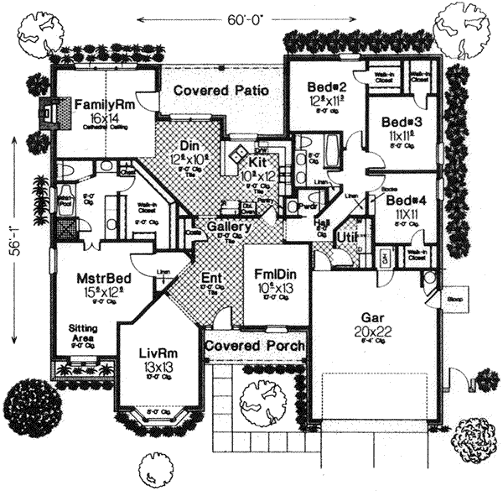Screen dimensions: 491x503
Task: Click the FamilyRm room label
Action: click(x=101, y=104)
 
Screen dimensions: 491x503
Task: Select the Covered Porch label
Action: click(x=255, y=346)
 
